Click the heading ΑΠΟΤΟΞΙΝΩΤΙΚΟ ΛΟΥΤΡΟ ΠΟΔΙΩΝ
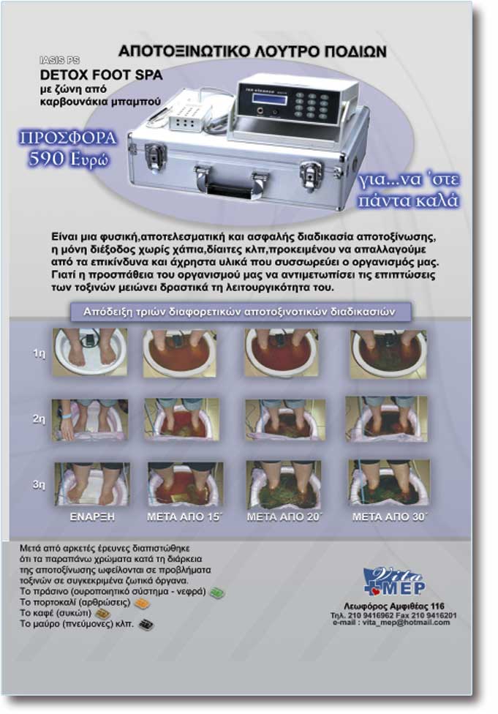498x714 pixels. [252, 51]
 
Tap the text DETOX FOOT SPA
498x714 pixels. [102, 75]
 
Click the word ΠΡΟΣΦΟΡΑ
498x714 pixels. [67, 138]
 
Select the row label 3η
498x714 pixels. [39, 484]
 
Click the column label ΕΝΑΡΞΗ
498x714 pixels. [92, 516]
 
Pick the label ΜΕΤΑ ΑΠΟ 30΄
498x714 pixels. [390, 516]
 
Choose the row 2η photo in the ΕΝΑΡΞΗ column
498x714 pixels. [90, 419]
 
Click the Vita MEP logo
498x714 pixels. [394, 582]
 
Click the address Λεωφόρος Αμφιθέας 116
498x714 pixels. [393, 606]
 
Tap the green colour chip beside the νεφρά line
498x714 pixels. [216, 593]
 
